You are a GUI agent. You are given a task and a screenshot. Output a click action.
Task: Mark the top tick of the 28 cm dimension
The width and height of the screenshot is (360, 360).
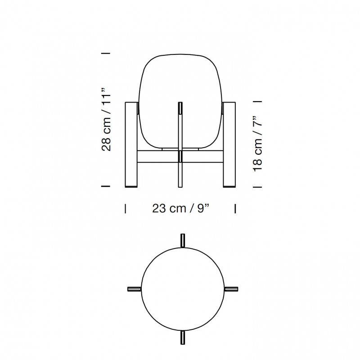[107, 54]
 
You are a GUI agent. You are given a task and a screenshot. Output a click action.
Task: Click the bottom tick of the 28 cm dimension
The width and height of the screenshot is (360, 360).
[107, 186]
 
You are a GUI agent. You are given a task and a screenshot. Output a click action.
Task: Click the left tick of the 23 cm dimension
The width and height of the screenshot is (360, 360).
[125, 209]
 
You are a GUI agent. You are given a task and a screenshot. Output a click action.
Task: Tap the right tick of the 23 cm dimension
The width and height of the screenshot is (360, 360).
[236, 209]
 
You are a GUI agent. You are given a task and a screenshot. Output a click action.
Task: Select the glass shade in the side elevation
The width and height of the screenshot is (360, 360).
[180, 90]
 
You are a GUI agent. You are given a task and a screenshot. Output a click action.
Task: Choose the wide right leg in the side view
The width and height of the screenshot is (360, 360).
[229, 144]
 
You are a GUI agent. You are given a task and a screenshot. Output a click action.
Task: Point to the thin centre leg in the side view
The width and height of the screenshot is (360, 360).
[180, 171]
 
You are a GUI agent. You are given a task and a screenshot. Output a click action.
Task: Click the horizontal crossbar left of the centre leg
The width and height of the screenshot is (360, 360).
[157, 156]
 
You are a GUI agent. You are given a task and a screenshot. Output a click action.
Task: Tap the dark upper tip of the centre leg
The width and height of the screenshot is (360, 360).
[180, 108]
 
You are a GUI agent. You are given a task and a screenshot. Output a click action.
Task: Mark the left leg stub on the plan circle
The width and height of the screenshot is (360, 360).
[134, 288]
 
